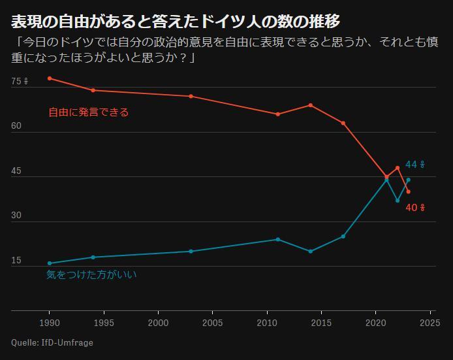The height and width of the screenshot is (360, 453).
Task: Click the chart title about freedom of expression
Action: pos(176,22)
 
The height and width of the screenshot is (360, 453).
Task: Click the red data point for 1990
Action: pos(50,78)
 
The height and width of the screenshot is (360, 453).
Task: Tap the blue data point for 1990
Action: pos(50,263)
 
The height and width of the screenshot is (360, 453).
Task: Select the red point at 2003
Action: pos(191,96)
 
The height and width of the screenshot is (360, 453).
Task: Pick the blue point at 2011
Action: pos(277,239)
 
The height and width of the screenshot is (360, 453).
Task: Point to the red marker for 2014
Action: pos(310,105)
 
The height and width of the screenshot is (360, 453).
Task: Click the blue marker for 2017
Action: pos(343,236)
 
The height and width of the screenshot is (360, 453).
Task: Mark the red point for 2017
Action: pos(343,123)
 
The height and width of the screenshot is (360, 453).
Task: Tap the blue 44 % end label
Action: pos(415,165)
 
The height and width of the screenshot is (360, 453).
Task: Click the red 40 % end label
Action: pos(415,208)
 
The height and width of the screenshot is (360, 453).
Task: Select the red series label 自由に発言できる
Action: pos(89,112)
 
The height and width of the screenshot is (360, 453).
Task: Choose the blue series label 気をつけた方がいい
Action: pos(91,275)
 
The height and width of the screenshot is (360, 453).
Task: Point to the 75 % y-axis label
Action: pos(20,82)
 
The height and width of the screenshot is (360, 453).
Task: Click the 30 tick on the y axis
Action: pos(16,216)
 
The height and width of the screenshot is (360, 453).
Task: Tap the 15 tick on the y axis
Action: pos(16,261)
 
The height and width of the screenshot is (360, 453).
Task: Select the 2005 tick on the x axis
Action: pos(212,323)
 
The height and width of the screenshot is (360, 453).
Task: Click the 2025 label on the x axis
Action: pos(430,323)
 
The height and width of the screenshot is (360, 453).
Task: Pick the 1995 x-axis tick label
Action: pos(104,323)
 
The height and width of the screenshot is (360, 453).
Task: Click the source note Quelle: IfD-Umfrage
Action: pos(52,342)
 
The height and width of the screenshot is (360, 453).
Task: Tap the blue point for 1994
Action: pos(93,257)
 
